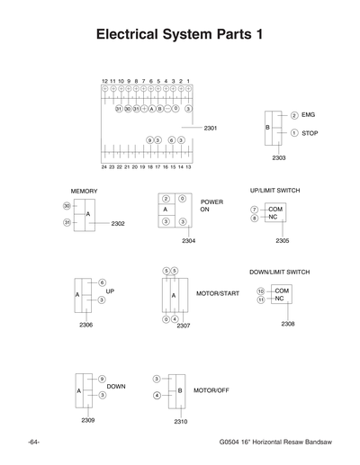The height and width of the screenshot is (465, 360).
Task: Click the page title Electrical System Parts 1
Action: tap(179, 36)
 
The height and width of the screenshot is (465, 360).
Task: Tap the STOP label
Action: tap(310, 133)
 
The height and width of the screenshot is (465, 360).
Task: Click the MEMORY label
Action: tap(84, 192)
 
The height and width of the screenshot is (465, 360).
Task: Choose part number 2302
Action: tap(118, 223)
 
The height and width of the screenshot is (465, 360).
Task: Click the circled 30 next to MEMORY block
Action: tap(67, 206)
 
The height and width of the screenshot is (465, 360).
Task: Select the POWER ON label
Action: tap(211, 206)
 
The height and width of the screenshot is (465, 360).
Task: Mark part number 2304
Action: tap(188, 241)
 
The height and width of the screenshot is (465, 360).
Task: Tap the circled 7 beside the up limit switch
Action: tap(255, 209)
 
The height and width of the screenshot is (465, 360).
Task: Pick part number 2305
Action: tap(283, 240)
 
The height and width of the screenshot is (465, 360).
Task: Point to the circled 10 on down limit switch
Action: tap(260, 291)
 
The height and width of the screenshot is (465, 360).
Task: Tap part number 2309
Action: tap(88, 420)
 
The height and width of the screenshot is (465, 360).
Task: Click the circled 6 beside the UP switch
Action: tap(102, 282)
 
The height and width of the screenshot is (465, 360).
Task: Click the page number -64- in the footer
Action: tap(33, 443)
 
